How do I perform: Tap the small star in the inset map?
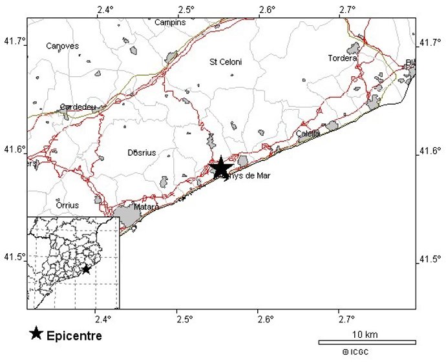[x=86, y=269]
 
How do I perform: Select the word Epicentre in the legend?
[x=74, y=336]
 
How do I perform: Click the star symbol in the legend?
[x=37, y=333]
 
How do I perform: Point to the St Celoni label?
[x=226, y=62]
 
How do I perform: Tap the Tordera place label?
[x=342, y=58]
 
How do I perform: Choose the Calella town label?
[x=308, y=134]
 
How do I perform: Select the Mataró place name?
[x=146, y=207]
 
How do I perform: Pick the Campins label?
[x=170, y=23]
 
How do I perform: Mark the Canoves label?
[x=63, y=46]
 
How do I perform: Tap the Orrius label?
[x=67, y=205]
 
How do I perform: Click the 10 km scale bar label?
[x=365, y=334]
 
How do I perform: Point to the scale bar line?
[x=367, y=342]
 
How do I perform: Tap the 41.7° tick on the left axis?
[x=14, y=41]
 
